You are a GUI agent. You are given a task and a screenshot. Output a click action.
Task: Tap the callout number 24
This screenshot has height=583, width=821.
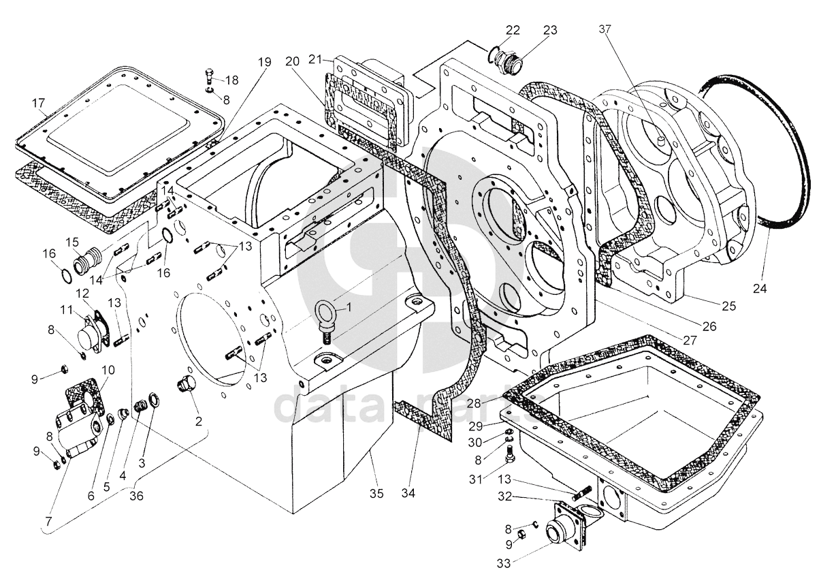coord(759,288)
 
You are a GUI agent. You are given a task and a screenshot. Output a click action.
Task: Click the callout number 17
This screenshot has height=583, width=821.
coord(38,104)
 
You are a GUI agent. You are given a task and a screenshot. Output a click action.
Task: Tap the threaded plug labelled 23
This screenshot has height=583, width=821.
coord(511,62)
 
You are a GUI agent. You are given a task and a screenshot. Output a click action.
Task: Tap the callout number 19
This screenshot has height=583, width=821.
coord(264,61)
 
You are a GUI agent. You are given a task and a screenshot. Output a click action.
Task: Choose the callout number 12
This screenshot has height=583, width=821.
coord(82,293)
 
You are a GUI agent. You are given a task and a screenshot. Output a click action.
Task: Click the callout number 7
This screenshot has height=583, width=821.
coord(48,521)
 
